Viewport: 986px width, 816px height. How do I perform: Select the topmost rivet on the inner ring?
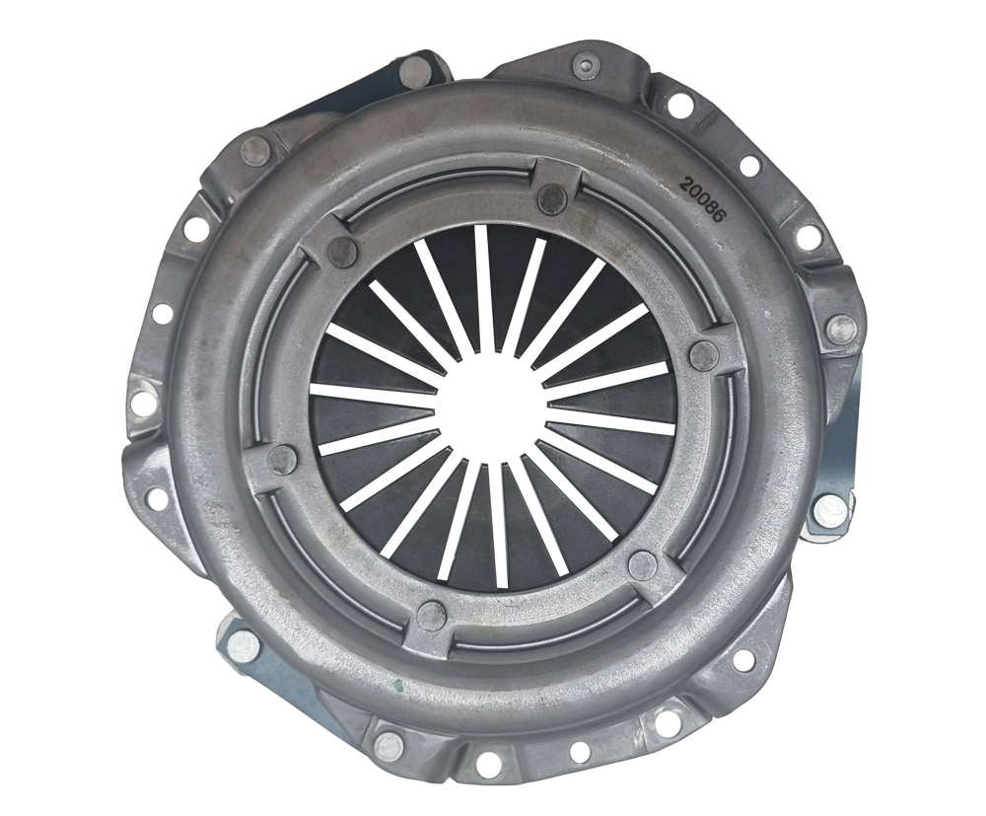coord(553,198)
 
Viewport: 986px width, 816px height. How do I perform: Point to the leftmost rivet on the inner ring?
coord(281,457)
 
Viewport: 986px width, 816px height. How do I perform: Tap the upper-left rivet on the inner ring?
coord(343,252)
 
